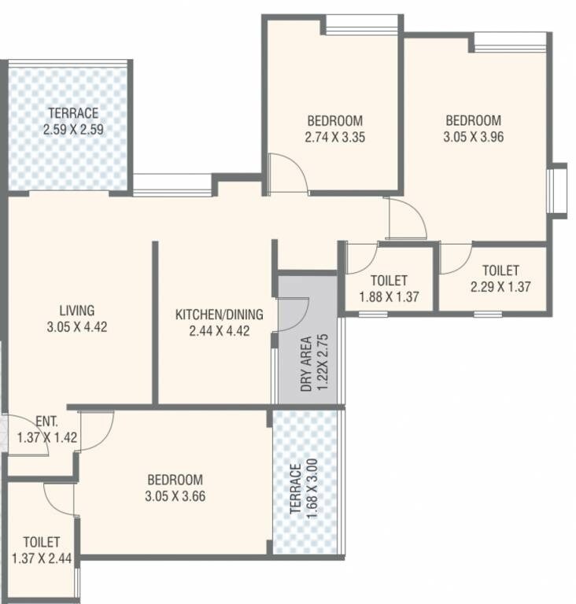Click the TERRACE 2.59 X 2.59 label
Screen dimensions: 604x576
72,120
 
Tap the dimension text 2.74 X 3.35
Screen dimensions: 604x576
334,136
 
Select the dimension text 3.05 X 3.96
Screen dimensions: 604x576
473,136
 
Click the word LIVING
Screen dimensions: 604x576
77,309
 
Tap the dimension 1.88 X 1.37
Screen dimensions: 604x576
389,296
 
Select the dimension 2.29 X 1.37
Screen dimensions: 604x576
500,286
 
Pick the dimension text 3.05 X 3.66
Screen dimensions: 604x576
174,496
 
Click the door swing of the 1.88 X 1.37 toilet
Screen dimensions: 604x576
362,258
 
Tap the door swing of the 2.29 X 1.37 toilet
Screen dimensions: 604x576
454,259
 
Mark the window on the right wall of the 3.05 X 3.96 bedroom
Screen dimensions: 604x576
557,189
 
